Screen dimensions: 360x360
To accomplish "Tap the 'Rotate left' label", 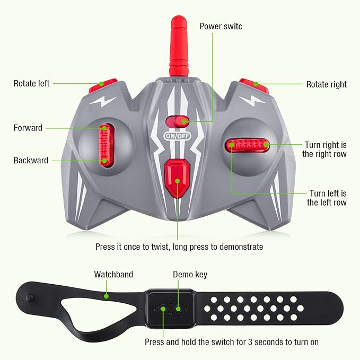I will (32, 84).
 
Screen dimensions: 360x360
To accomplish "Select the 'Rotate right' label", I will (326, 84).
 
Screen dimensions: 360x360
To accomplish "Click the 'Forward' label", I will (28, 128).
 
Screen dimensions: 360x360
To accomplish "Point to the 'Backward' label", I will (31, 160).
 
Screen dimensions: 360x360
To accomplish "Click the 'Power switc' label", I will (221, 25).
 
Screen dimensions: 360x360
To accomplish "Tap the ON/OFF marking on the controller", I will (176, 136).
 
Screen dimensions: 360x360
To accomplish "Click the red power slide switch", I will (177, 121).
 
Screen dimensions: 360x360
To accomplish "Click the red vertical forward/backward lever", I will (104, 144).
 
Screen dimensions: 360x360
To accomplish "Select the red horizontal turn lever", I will (248, 144).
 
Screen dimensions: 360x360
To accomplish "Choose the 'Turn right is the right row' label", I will (324, 149).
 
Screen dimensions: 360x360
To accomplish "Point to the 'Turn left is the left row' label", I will (328, 198).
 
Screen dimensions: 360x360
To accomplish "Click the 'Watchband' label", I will (113, 275).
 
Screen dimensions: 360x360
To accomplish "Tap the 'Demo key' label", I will (190, 275).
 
